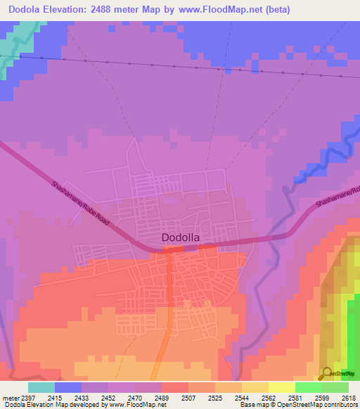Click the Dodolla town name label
pos(181,238)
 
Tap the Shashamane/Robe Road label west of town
pos(81,204)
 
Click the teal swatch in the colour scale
pos(41,387)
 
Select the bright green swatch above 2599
pos(308,387)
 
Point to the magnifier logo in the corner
pos(327,373)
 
